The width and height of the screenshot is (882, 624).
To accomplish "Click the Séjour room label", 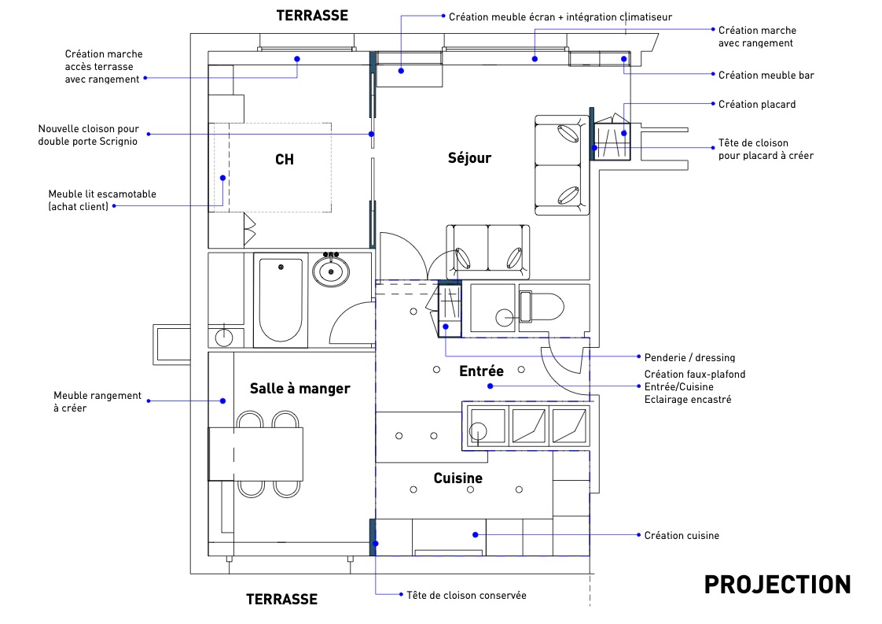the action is point(469,158).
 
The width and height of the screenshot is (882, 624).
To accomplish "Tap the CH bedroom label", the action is point(285,160).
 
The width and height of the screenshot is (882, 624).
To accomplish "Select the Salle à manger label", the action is point(300,389).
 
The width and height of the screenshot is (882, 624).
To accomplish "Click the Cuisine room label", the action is point(458,478).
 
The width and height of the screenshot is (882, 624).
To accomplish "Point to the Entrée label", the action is point(482,371).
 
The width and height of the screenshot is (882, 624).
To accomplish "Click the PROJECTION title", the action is point(777,585).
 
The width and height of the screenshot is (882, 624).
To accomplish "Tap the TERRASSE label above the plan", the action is point(312,16).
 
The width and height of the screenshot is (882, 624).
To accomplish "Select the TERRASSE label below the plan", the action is point(281,600).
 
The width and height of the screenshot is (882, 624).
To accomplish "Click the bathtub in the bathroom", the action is point(281,300).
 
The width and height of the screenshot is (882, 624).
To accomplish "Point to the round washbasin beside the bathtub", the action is point(331,271).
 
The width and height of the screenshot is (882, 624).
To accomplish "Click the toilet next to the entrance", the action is point(541,307).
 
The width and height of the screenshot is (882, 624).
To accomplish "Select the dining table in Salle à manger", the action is point(256,454).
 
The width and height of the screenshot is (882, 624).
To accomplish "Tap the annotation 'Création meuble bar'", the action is point(766,76).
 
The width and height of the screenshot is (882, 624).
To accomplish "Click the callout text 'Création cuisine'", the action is point(682,536).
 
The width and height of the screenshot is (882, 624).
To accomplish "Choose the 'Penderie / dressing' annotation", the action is point(689,357).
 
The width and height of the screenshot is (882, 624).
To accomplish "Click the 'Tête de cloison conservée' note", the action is point(466,595).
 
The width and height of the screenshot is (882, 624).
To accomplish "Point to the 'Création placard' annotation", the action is point(757,104).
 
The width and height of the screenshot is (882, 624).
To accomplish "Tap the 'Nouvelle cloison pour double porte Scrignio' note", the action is point(88,135).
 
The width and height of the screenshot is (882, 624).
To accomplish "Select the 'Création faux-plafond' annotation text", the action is point(695,375).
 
